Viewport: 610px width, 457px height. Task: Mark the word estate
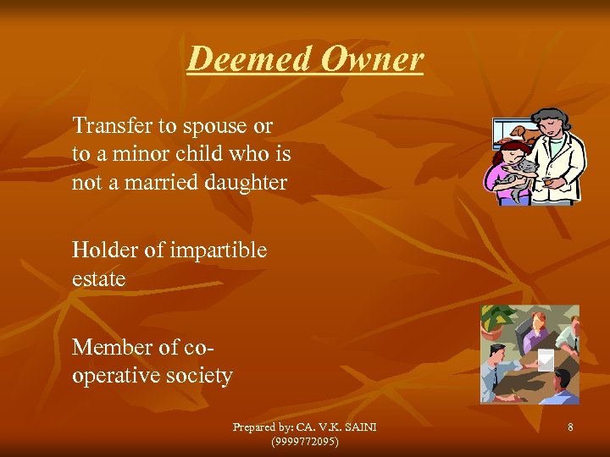[x=99, y=278]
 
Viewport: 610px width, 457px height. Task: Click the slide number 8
[x=570, y=428]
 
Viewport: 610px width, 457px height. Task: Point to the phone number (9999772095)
[x=304, y=441]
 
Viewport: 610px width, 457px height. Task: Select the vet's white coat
[x=560, y=169]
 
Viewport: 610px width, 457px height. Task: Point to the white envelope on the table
[x=546, y=360]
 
